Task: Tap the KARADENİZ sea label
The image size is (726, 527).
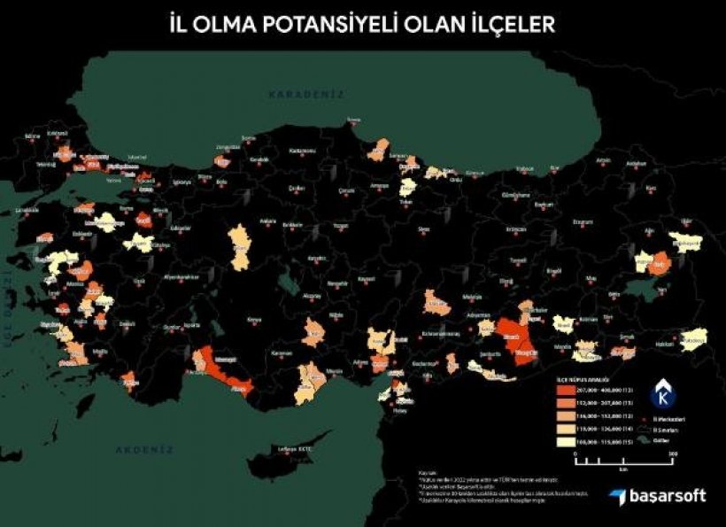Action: (306, 94)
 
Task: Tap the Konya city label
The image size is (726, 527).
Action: (255, 319)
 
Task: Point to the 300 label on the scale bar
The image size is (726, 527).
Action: (673, 453)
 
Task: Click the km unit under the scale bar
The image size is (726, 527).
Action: (623, 471)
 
